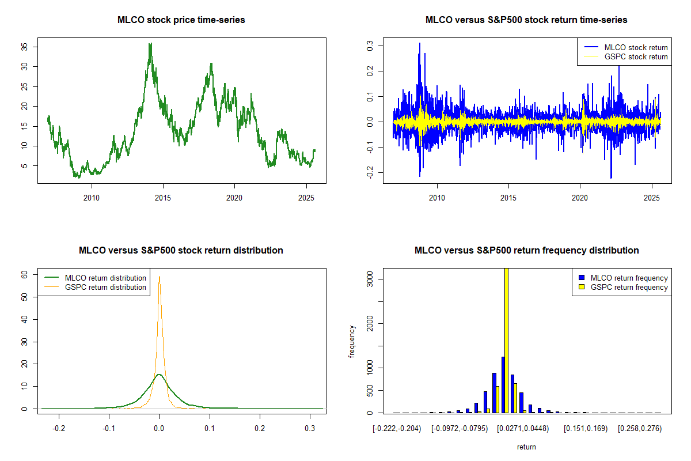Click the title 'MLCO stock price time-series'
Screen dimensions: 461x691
[x=181, y=20]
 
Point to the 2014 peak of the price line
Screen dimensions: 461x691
[x=150, y=44]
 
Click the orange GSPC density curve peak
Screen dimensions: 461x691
[x=160, y=277]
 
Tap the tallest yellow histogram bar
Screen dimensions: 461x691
[x=506, y=340]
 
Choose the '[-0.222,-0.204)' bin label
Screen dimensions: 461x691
[x=397, y=429]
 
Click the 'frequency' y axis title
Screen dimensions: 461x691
[x=352, y=341]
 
